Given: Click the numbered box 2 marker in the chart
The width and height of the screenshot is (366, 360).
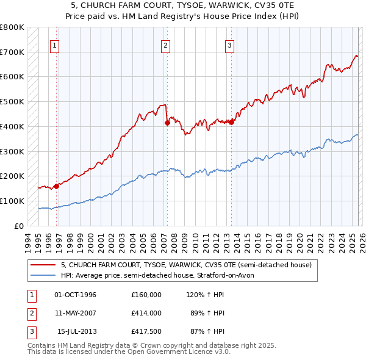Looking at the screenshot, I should [166, 45].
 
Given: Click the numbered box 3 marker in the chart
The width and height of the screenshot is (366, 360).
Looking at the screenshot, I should [230, 45].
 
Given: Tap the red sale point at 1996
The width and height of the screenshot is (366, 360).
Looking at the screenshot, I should [56, 186].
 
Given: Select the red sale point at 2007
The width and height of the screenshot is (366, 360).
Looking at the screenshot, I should [167, 123].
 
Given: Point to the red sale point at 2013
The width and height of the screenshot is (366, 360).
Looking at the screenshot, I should [231, 121].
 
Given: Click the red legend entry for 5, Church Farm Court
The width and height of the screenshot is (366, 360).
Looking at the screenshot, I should [186, 265].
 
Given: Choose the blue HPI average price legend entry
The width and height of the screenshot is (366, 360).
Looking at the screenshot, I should [161, 275].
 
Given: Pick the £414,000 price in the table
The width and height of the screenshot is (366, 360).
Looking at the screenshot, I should [146, 313].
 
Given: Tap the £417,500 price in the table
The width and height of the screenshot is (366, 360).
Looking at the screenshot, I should [146, 331].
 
